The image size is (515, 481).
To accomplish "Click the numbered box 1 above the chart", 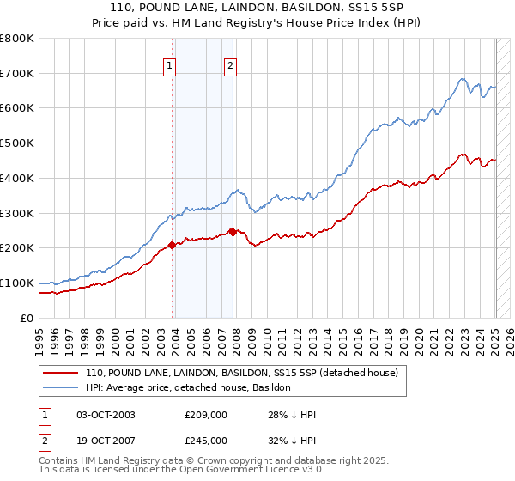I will (169, 65).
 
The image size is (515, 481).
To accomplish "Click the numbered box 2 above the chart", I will (231, 65).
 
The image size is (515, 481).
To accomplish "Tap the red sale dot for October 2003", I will (172, 245).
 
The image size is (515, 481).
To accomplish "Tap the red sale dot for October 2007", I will (233, 232).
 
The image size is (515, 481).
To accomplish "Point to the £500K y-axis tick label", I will (17, 143).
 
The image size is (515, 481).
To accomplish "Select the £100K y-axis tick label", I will (17, 283).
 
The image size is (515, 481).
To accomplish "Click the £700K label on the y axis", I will (17, 73).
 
